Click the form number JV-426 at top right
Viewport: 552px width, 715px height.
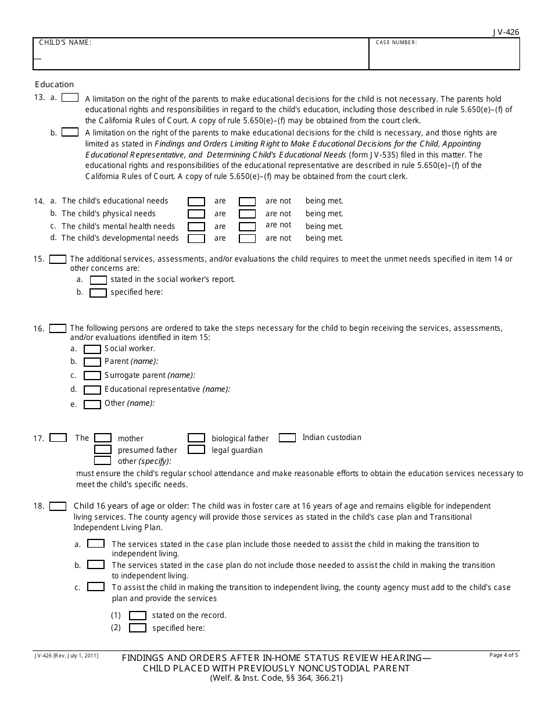[507, 33]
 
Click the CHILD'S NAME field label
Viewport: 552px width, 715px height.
[65, 43]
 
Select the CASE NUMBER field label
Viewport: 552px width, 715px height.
[396, 43]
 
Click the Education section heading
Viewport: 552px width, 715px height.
[55, 84]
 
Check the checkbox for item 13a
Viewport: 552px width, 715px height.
[70, 98]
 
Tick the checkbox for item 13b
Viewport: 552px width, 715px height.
[70, 133]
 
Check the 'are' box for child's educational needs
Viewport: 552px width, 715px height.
[196, 202]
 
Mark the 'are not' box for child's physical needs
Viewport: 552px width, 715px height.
[248, 214]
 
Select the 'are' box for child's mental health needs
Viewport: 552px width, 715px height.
[196, 227]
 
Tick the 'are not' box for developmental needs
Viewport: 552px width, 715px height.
[248, 238]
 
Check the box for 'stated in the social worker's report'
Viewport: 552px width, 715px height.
[98, 280]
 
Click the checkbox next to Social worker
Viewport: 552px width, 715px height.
[92, 349]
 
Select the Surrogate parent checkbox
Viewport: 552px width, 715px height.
[92, 376]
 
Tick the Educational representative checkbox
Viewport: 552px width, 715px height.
[92, 390]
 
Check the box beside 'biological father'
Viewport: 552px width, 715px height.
[196, 438]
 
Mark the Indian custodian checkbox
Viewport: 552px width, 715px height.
[287, 438]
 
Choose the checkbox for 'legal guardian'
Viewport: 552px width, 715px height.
[196, 449]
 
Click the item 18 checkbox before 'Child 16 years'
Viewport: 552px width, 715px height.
[58, 506]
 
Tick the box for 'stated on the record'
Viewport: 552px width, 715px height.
[138, 616]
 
